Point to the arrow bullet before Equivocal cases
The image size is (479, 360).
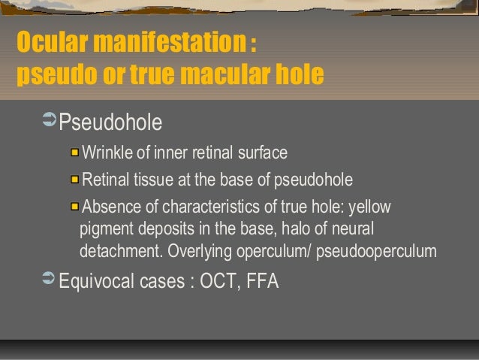(49, 281)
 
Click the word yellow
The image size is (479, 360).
(370, 206)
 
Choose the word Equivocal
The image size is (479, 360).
(96, 282)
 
